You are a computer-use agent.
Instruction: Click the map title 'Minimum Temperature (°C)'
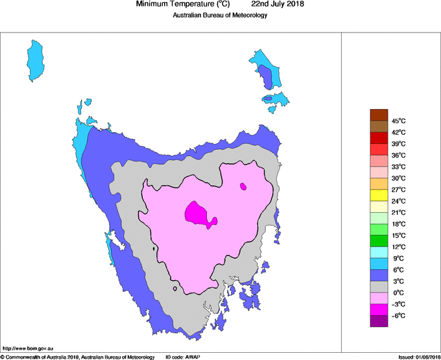[x=183, y=5]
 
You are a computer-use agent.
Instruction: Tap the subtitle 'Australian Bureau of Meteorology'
[x=220, y=16]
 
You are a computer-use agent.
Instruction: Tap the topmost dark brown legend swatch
[x=379, y=115]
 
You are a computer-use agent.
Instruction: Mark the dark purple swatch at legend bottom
[x=379, y=320]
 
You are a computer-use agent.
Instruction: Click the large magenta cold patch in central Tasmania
[x=198, y=213]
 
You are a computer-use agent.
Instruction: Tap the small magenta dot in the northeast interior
[x=243, y=186]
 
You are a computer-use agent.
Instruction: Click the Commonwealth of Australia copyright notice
[x=78, y=357]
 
